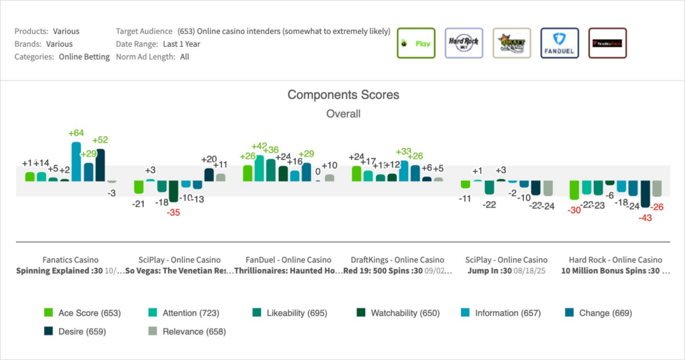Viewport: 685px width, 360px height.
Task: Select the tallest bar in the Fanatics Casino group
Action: [76, 161]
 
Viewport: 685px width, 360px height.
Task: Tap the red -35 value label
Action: [174, 212]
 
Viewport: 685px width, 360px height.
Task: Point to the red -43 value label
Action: [645, 218]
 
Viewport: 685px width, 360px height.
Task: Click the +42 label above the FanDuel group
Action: [260, 147]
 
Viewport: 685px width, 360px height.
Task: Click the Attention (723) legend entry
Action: [183, 312]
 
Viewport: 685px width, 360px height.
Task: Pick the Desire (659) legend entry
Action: [74, 331]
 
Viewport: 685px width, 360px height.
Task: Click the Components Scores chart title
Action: [343, 95]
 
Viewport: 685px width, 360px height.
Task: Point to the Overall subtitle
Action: [343, 114]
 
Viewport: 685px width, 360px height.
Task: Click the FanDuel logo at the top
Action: [559, 43]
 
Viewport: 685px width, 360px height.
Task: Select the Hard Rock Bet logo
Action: [464, 43]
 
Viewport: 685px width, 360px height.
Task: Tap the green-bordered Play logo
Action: [415, 43]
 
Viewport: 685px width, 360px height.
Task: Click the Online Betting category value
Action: [84, 57]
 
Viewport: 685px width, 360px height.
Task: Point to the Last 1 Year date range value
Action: [181, 44]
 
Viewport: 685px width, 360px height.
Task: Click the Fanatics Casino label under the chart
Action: [70, 260]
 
